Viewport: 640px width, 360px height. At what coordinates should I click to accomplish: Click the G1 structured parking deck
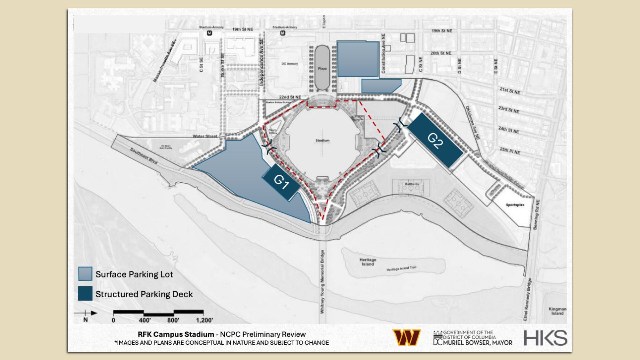point(281,182)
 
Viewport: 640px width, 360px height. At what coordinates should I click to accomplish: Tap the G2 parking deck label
point(435,140)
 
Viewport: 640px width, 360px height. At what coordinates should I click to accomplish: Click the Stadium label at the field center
point(322,141)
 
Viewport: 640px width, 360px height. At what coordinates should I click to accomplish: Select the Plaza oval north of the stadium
point(322,68)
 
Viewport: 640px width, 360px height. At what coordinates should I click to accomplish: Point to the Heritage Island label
point(368,262)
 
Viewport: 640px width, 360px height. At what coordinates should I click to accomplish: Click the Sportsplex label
point(515,205)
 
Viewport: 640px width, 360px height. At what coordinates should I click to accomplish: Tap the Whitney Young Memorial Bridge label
point(322,282)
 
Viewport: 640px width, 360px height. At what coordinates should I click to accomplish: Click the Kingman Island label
point(557,311)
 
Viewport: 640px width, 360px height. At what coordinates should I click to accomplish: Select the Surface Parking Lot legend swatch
point(85,274)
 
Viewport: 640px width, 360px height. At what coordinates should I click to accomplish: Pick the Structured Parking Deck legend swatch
point(85,294)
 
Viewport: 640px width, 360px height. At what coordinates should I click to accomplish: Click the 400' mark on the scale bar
point(145,320)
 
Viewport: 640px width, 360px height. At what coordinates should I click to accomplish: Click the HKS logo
point(545,338)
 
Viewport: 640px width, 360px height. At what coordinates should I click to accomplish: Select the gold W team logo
point(406,337)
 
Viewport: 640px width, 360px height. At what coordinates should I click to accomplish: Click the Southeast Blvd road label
point(143,156)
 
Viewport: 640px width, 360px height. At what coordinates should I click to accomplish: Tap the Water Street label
point(205,136)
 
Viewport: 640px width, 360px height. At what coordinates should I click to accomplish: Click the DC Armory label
point(290,64)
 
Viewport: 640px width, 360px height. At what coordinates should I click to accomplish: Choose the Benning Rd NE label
point(536,214)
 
